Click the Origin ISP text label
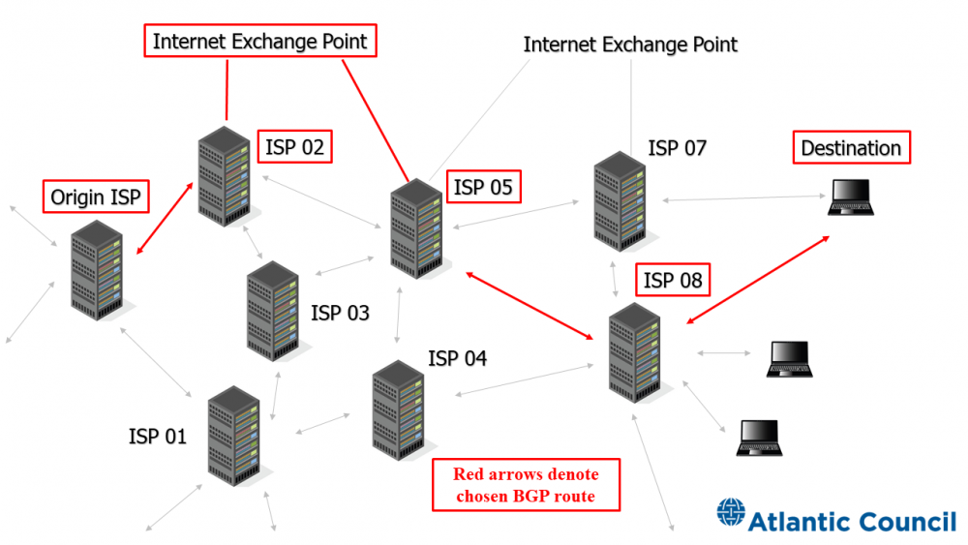[x=96, y=197]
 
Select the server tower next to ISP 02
[x=224, y=176]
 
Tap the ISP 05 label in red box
[x=483, y=186]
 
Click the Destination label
[x=851, y=148]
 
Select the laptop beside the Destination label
[x=852, y=198]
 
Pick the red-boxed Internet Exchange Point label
[x=260, y=42]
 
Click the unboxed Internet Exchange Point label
[x=630, y=45]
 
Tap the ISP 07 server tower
[x=620, y=201]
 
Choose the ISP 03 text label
[x=340, y=314]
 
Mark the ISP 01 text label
[x=157, y=437]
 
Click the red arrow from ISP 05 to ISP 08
[x=529, y=305]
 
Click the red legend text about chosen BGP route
[x=526, y=486]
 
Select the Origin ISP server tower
[x=97, y=270]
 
